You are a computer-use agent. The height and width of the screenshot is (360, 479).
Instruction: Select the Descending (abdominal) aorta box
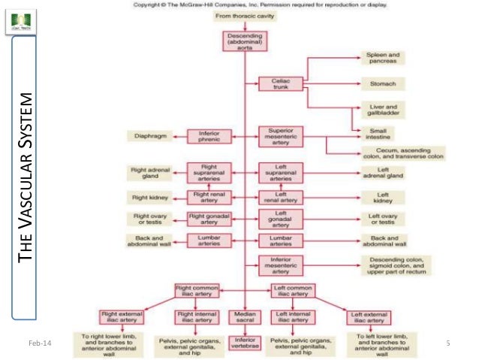tap(244, 41)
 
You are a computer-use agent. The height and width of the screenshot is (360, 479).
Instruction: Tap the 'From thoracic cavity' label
tap(245, 16)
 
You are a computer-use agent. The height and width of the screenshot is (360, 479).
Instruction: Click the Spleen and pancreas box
tap(383, 59)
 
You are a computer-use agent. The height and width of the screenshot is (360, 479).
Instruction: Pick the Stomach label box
tap(383, 83)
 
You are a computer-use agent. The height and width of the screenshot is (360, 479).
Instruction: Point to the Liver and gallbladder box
tap(383, 110)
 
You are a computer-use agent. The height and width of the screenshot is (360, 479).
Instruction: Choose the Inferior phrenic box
tap(203, 136)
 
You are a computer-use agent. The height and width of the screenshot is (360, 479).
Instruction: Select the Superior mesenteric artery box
tap(280, 136)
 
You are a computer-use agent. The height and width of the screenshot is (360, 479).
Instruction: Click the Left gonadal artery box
tap(280, 219)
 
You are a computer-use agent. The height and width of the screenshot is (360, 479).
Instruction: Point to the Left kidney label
tap(383, 198)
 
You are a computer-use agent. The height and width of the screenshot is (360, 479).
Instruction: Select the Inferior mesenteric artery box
tap(280, 265)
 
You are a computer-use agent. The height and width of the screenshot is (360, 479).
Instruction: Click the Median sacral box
tap(245, 317)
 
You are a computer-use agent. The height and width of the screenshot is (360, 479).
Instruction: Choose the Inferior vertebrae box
tap(245, 343)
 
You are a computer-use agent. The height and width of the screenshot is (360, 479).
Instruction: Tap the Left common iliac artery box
tap(292, 291)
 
